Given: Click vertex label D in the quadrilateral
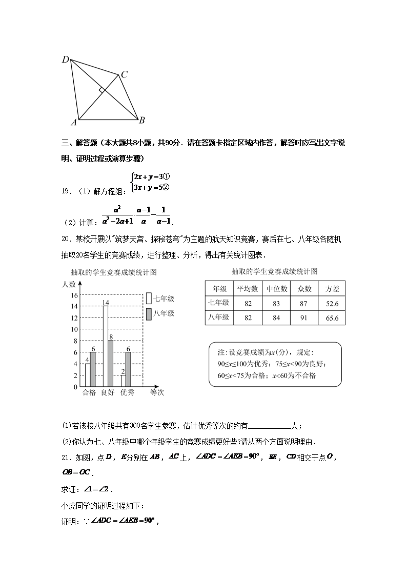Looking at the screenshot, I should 66,60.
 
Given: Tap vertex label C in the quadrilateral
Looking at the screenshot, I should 124,75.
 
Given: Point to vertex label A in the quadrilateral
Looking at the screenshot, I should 74,123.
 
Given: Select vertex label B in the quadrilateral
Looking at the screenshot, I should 141,120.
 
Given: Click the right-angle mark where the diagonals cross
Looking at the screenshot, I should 103,90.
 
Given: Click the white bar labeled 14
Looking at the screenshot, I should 105,346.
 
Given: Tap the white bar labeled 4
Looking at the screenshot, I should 88,375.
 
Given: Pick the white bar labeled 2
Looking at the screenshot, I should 124,381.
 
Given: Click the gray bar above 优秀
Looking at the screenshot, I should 129,369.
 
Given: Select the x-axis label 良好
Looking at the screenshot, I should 108,393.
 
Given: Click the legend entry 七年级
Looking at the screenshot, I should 160,298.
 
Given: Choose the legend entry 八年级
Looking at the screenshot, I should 160,313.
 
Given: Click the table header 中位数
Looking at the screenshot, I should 276,289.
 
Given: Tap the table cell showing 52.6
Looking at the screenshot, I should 332,303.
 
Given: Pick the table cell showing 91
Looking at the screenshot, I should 304,317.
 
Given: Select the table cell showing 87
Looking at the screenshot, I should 304,303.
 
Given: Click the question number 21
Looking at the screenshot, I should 65,458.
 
